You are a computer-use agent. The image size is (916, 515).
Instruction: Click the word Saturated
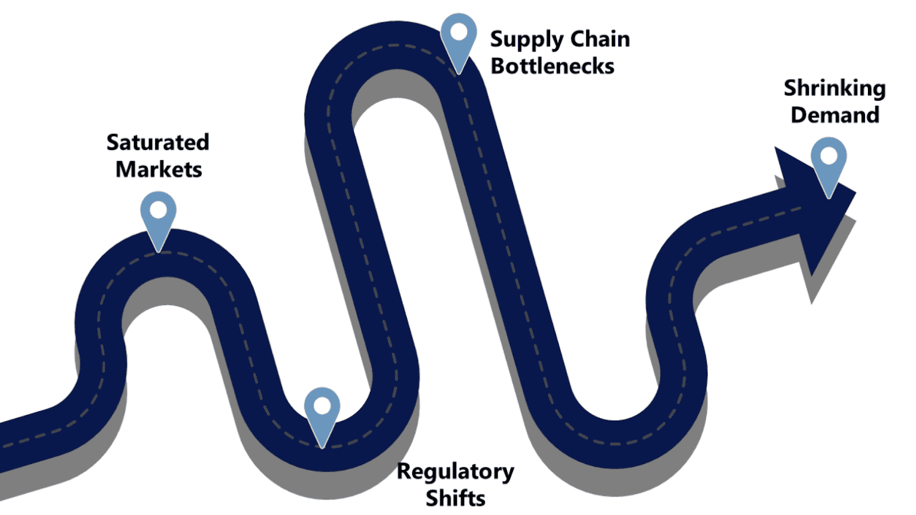click(158, 142)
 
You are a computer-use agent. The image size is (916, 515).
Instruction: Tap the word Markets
click(159, 169)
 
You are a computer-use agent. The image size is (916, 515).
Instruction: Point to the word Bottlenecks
click(552, 66)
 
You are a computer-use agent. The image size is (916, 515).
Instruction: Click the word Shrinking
click(834, 89)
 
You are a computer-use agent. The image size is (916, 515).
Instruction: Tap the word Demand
click(835, 115)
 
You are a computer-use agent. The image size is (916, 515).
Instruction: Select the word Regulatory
click(455, 472)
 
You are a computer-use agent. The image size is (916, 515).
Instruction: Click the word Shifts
click(455, 498)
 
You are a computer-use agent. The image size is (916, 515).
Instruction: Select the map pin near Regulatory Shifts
click(322, 412)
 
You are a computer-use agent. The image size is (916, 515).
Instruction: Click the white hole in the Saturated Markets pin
click(158, 209)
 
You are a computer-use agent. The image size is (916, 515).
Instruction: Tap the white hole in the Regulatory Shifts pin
click(322, 405)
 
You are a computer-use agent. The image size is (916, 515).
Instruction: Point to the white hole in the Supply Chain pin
click(459, 31)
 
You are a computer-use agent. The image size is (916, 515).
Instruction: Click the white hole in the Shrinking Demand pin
click(828, 155)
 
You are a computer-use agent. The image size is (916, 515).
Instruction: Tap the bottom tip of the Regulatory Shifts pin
click(322, 446)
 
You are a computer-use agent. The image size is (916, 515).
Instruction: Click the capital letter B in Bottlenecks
click(498, 66)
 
